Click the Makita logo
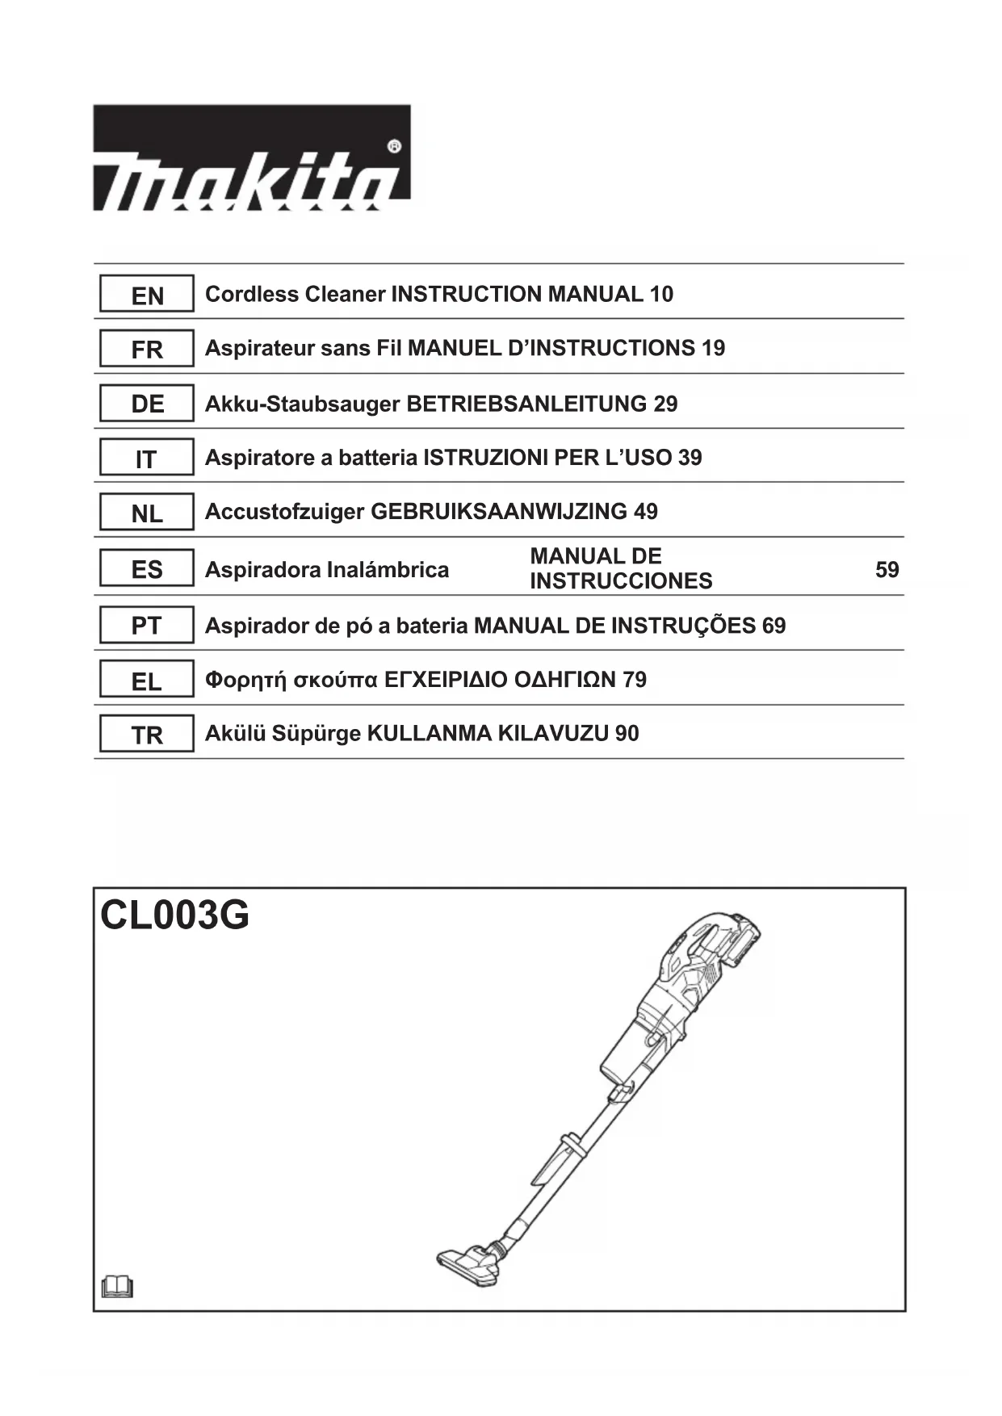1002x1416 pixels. pyautogui.click(x=251, y=158)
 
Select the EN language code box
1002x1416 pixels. pyautogui.click(x=147, y=295)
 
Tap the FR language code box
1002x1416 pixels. pyautogui.click(x=147, y=349)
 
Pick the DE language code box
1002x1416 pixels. pyautogui.click(x=147, y=403)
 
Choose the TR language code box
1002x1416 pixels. pyautogui.click(x=147, y=734)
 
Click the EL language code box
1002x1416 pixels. pyautogui.click(x=147, y=681)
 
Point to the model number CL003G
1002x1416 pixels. pyautogui.click(x=174, y=915)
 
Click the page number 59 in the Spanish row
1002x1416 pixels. pyautogui.click(x=887, y=570)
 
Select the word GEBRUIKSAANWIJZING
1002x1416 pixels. pyautogui.click(x=498, y=512)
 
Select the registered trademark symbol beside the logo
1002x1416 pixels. pyautogui.click(x=394, y=147)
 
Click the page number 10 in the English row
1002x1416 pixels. pyautogui.click(x=660, y=295)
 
